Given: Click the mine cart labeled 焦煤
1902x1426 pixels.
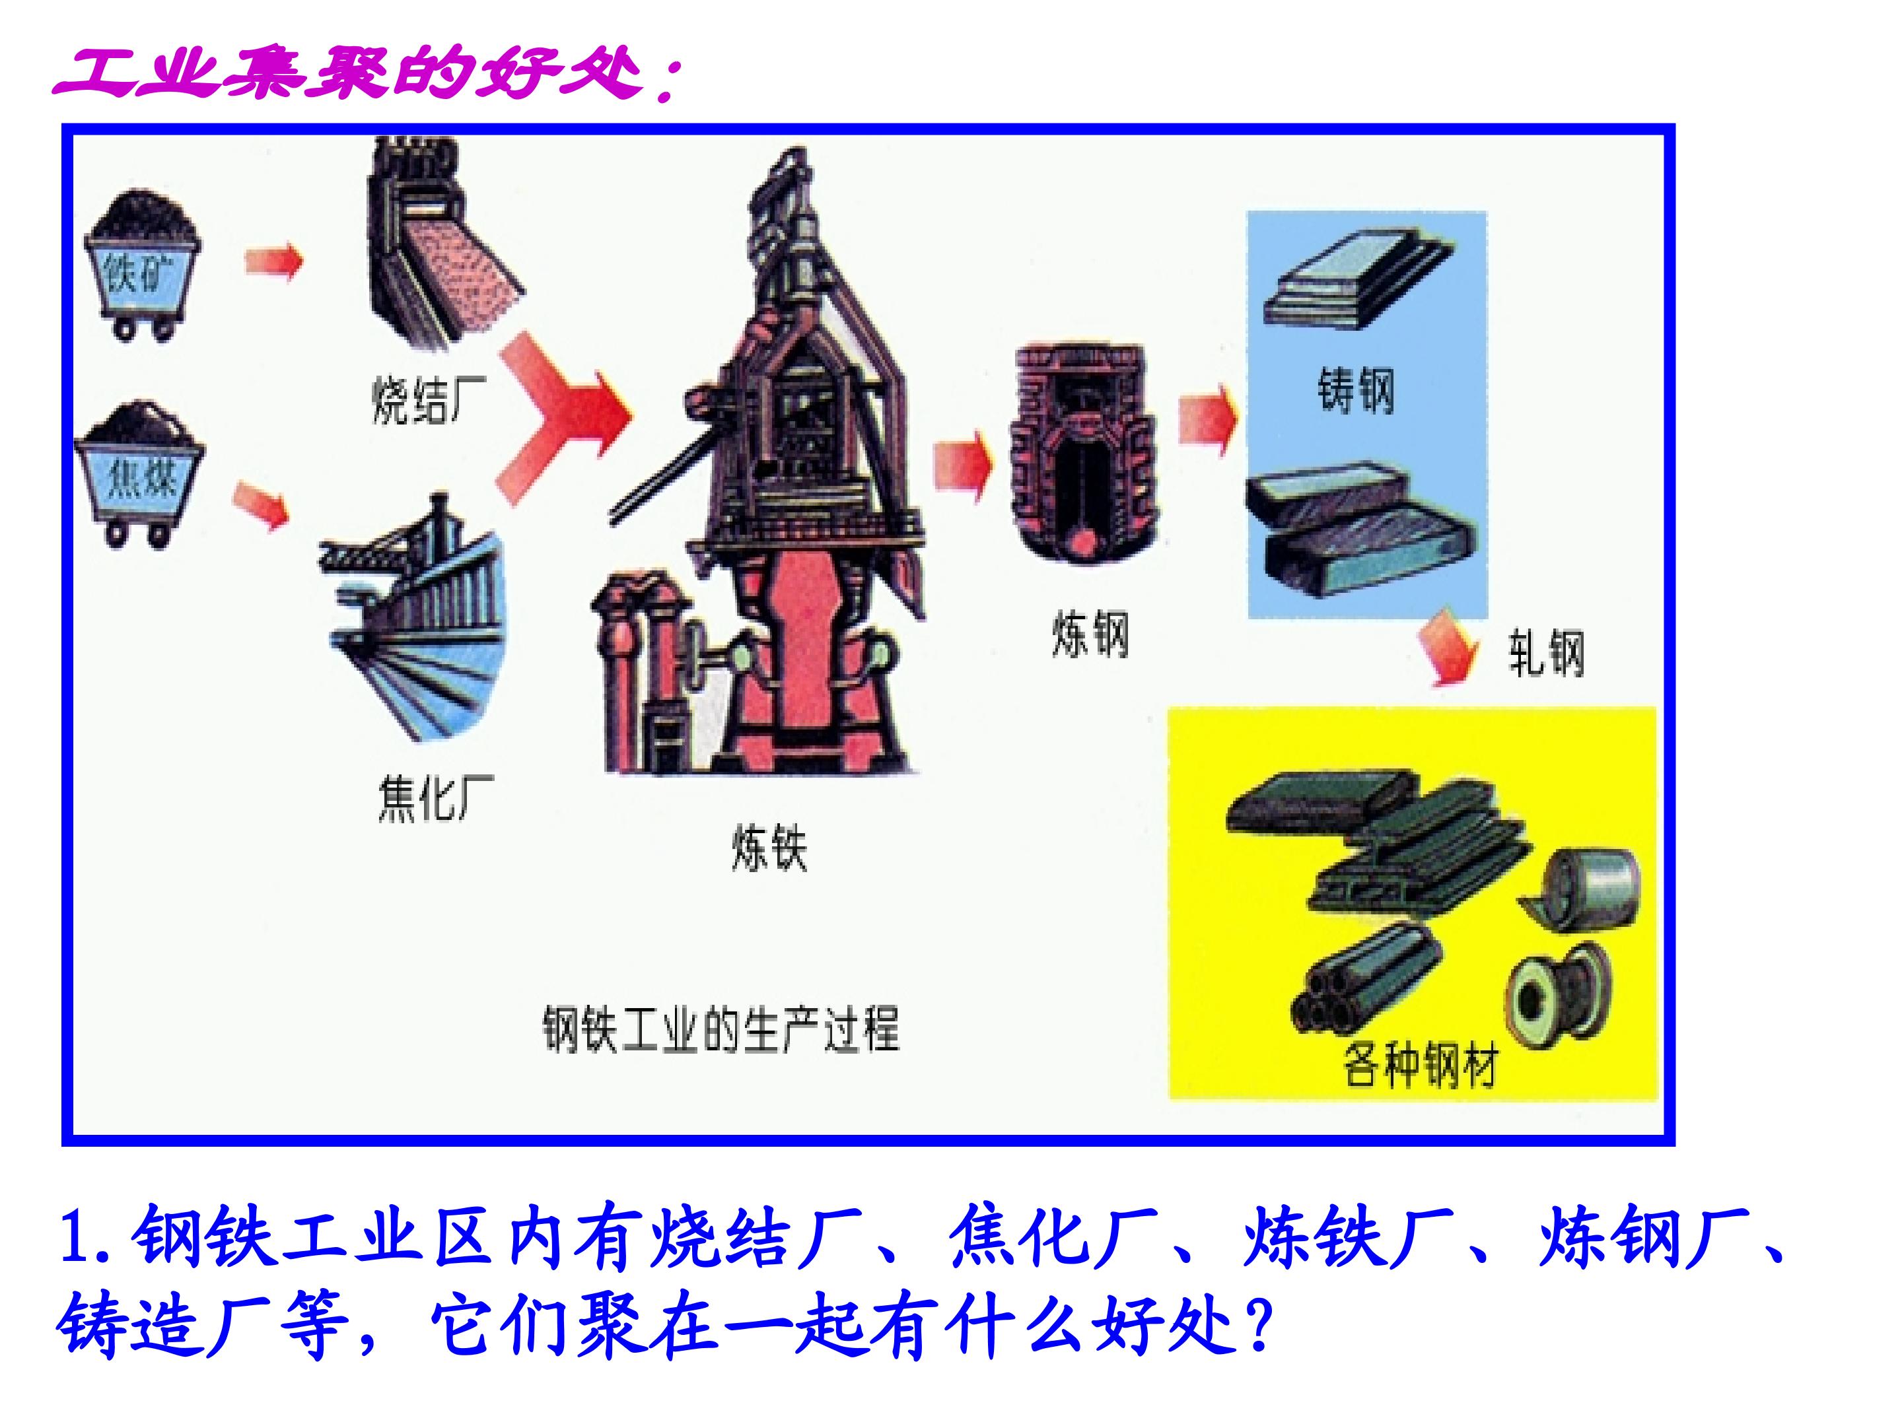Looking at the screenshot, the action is tap(140, 473).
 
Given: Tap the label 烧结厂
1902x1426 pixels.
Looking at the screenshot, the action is tap(427, 399).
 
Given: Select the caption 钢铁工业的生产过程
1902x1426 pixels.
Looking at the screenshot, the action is tap(721, 1029).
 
